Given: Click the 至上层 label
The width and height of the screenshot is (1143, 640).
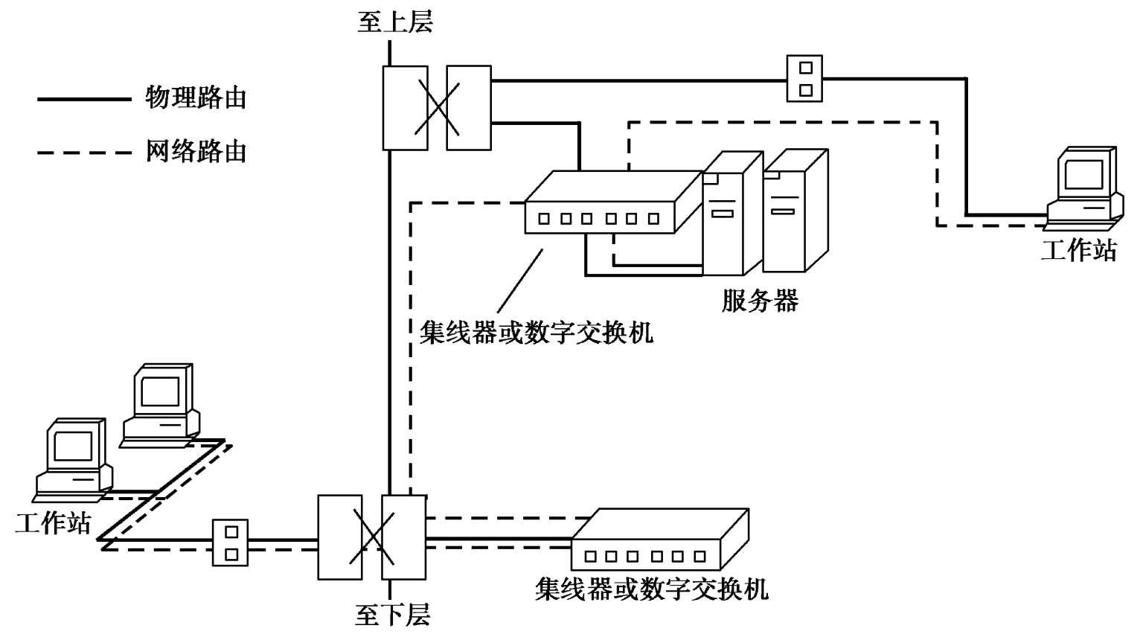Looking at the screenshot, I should pos(395,22).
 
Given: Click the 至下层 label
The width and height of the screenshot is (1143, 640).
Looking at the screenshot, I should pos(393,616).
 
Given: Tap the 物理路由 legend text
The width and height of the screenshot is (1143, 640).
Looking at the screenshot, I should pos(196,97).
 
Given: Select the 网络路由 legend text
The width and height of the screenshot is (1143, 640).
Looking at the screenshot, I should pos(196,151).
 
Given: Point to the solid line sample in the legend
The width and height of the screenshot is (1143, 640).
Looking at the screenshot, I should pos(83,98).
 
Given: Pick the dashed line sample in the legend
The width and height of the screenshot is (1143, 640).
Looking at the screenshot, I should pos(83,153).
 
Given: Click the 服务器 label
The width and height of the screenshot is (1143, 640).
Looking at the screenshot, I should pos(760,300).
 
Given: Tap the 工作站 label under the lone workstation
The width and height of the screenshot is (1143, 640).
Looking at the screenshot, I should pos(1079,249).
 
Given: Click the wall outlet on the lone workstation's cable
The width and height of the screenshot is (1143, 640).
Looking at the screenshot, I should pos(805,78).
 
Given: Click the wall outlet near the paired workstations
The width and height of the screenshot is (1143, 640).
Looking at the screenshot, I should pos(231,543).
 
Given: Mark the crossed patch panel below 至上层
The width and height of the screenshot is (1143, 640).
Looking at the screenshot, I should pos(437,108).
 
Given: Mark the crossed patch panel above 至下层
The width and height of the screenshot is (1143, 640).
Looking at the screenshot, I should pos(372,537).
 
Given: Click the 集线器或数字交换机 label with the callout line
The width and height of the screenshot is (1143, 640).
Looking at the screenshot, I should pos(536,332).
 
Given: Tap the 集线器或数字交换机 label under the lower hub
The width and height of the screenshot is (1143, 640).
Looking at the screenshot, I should pos(651,589).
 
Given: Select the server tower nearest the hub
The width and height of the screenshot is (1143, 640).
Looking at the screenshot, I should pos(732,214).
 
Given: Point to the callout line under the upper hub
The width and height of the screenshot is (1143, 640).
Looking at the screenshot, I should pos(519,281).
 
